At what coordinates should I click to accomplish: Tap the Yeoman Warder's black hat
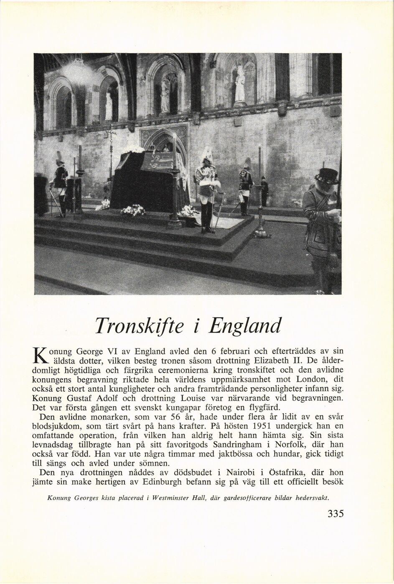coord(327,176)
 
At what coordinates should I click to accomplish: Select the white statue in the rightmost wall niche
coord(240,86)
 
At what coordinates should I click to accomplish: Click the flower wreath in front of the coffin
coord(133,210)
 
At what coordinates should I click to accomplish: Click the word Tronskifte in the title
coord(142,326)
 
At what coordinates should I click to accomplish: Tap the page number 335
coord(336,514)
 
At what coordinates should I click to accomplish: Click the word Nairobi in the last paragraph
coord(241,472)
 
